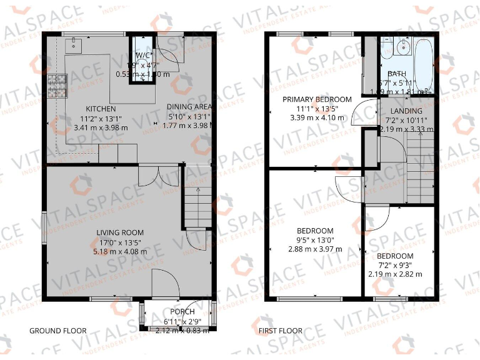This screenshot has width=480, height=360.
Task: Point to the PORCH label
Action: [182, 311]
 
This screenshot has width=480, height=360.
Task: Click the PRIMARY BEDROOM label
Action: [317, 99]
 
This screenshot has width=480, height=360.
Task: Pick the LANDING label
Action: [406, 111]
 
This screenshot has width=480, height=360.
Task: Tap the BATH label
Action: [395, 74]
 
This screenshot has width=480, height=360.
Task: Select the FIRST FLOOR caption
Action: [281, 331]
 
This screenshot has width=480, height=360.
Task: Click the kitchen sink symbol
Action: [76, 44]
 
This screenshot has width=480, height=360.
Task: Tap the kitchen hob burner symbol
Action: [57, 86]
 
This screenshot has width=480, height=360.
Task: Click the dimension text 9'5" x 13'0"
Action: [315, 240]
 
